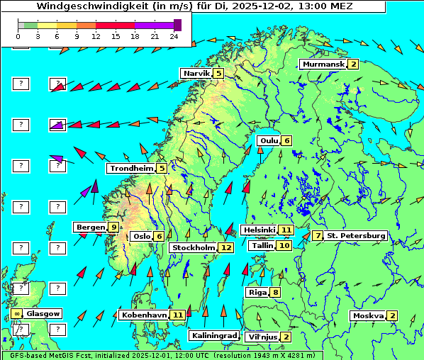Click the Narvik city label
point(196,74)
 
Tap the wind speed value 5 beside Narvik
point(218,74)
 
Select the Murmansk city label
point(323,64)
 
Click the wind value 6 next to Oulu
point(286,140)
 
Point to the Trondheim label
point(132,169)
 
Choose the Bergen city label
point(91,227)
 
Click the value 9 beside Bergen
point(113,227)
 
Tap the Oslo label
point(142,237)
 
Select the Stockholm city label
point(193,248)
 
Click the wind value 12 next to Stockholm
point(226,248)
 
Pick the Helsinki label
point(259,230)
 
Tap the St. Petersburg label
point(356,235)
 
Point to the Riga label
point(256,292)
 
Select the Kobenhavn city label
point(144,315)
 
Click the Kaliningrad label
point(213,336)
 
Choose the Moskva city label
point(369,316)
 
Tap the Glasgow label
point(43,313)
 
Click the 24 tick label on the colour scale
point(173,36)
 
